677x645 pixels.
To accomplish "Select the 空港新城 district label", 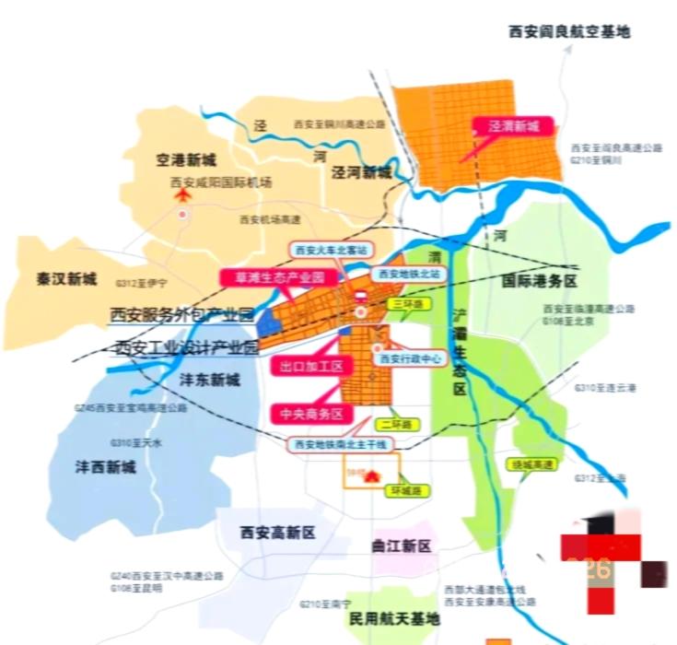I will [x=185, y=160].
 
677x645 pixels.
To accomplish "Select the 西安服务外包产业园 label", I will [x=181, y=315].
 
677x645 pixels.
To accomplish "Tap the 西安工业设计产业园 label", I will [x=185, y=347].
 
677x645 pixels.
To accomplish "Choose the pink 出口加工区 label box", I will [x=311, y=366].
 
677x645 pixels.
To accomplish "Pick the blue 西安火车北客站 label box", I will [x=330, y=250].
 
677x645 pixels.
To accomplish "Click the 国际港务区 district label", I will [x=540, y=280].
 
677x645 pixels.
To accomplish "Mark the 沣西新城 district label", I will [x=105, y=467].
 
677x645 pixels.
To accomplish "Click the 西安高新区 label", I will [x=277, y=533].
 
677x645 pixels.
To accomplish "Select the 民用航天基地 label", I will [x=394, y=618].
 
